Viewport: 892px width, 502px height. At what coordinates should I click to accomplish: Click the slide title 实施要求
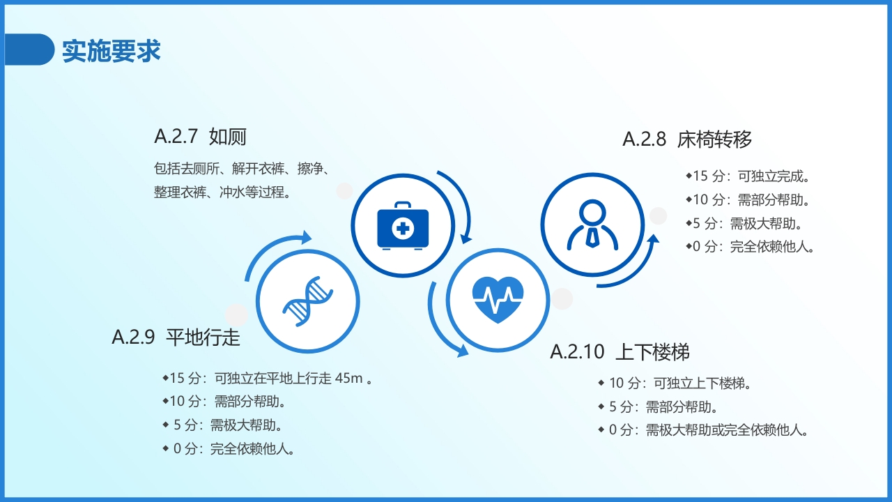click(111, 51)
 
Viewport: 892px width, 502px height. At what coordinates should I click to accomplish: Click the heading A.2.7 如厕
click(200, 137)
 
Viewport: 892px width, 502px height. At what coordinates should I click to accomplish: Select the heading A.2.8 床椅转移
click(687, 139)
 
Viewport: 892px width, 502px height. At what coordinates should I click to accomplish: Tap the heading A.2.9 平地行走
click(176, 337)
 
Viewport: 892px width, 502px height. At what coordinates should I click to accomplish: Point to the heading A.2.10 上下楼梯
click(620, 352)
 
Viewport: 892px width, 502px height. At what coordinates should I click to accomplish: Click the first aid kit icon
click(402, 225)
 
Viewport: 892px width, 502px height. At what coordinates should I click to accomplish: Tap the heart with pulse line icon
click(498, 300)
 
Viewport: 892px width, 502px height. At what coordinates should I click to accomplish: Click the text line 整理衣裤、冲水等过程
click(222, 192)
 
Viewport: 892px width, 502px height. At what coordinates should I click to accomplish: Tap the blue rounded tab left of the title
click(29, 50)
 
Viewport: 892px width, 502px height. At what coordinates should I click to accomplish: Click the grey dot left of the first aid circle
click(344, 191)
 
